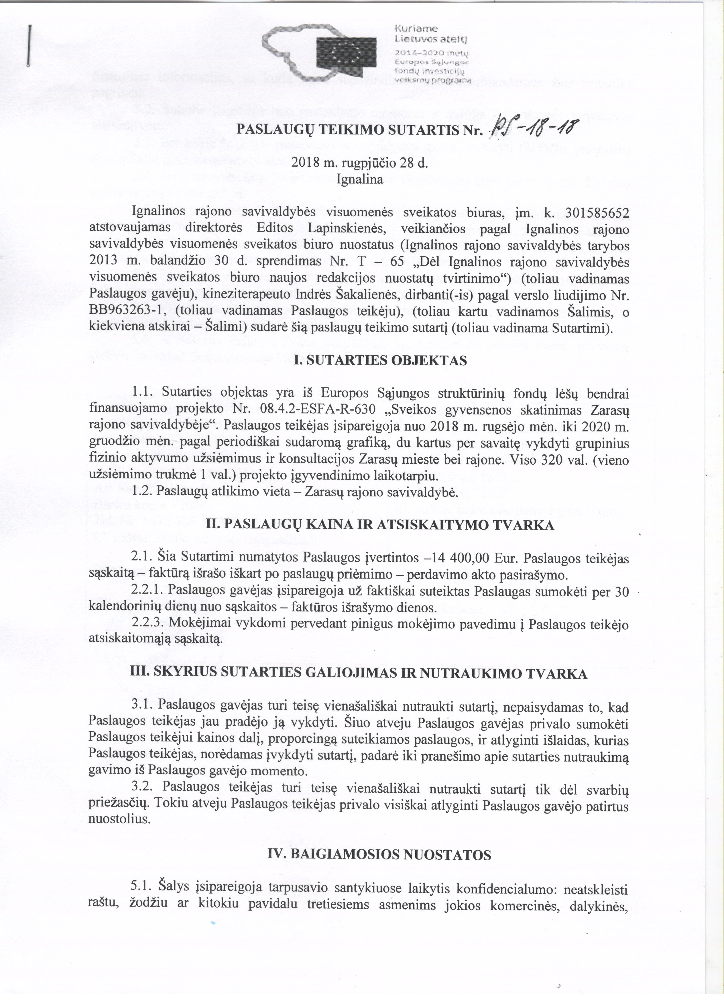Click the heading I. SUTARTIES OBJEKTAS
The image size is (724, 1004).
tap(380, 360)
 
